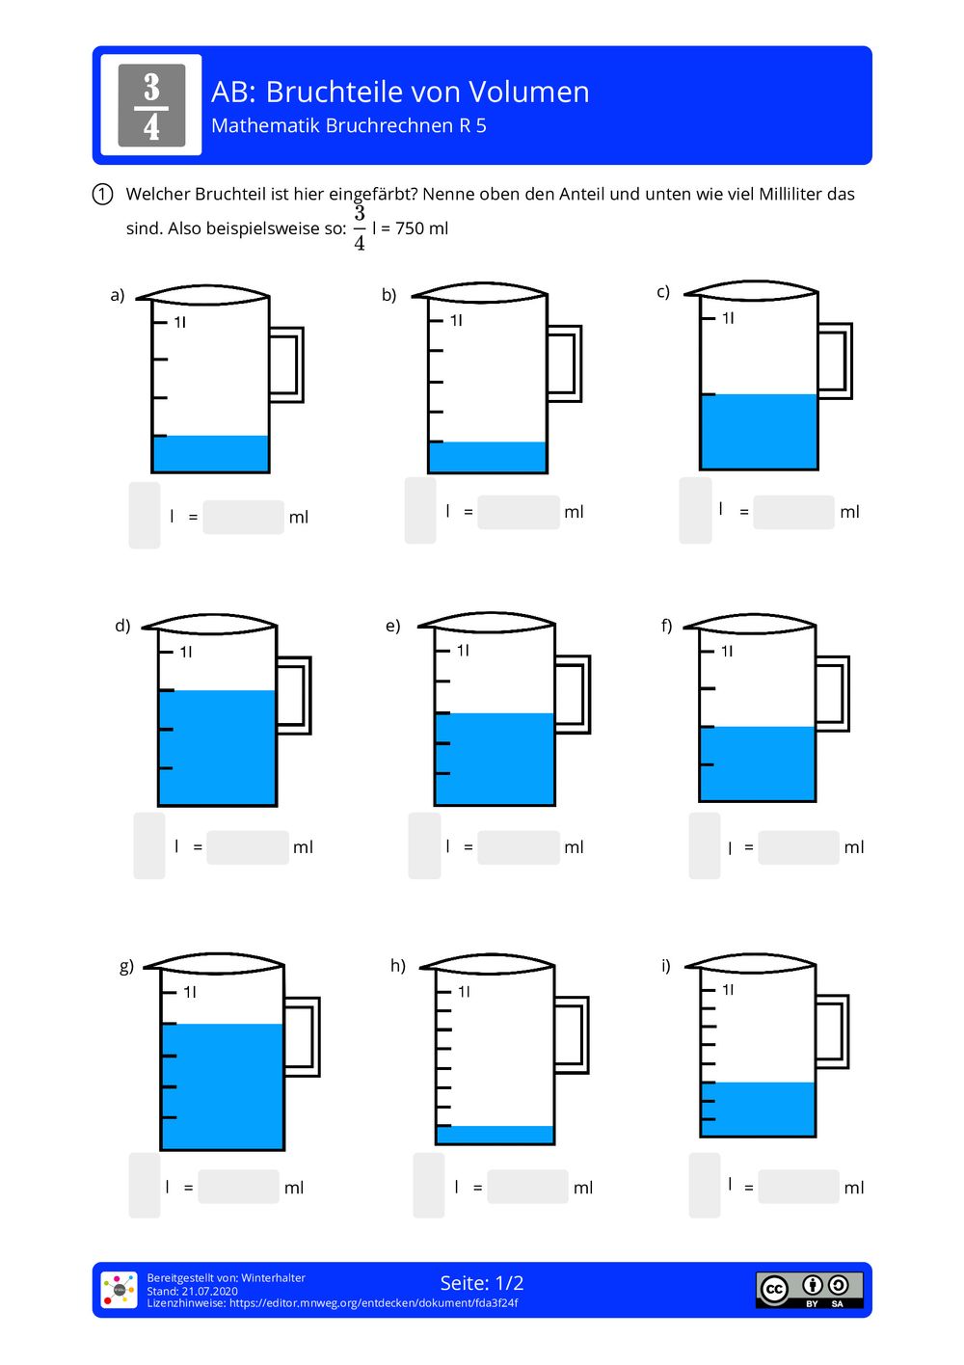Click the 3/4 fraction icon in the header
(151, 105)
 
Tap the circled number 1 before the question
(102, 194)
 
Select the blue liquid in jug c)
(759, 431)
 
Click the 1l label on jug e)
(463, 651)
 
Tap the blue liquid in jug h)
(495, 1135)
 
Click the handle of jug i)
(832, 1031)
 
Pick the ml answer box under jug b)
(519, 512)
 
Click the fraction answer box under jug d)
(149, 845)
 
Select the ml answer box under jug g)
(239, 1187)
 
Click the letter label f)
(666, 626)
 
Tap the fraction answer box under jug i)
(705, 1185)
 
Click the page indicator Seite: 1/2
(482, 1283)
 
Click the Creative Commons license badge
(809, 1290)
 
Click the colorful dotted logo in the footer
(120, 1290)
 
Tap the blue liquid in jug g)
(222, 1085)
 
